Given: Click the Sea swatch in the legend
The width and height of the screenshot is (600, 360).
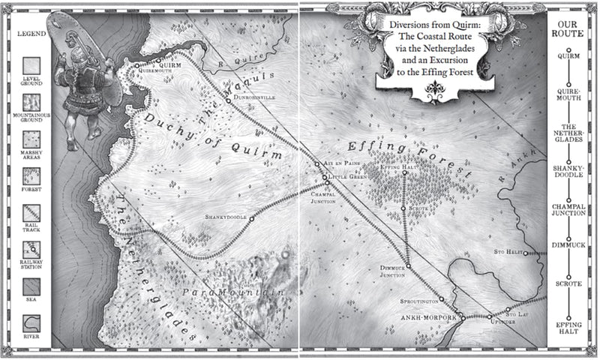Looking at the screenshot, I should tap(29, 289).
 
